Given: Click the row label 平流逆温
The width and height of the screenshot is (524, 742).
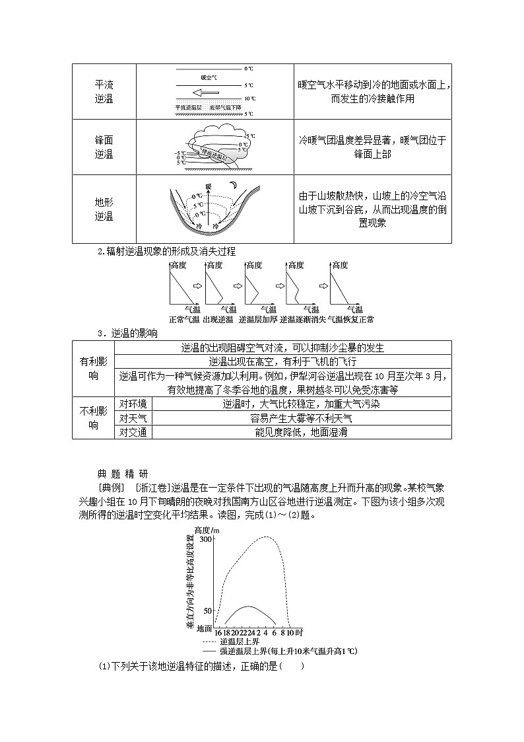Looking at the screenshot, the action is (104, 92).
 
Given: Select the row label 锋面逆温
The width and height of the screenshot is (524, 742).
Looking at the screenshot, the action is (104, 147).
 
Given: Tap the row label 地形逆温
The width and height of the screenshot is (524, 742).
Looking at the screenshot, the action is (104, 209).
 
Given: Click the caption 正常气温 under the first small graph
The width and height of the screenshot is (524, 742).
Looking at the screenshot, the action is (184, 319).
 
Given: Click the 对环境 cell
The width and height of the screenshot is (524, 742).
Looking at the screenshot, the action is (133, 404).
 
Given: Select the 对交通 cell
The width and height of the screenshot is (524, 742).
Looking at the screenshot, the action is (133, 432).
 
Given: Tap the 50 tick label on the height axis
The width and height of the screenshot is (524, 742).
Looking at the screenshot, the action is (208, 611).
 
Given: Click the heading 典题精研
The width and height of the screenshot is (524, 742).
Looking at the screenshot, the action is (122, 473).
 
